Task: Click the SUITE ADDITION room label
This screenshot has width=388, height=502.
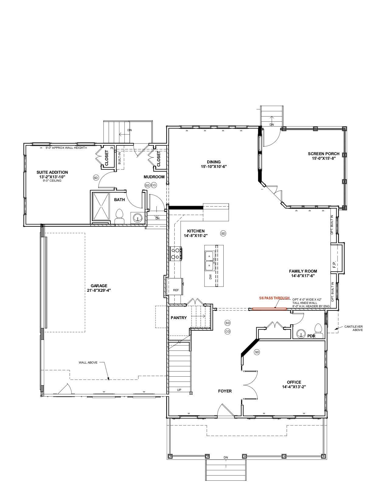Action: pyautogui.click(x=52, y=172)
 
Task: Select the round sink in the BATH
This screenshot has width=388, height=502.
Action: pyautogui.click(x=138, y=218)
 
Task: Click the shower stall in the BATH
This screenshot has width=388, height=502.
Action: pyautogui.click(x=101, y=206)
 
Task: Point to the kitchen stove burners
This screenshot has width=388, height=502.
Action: pyautogui.click(x=176, y=253)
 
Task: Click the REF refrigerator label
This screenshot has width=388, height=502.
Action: pyautogui.click(x=176, y=290)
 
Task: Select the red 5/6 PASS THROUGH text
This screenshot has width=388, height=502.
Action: pyautogui.click(x=274, y=298)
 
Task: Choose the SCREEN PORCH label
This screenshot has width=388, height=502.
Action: pyautogui.click(x=323, y=154)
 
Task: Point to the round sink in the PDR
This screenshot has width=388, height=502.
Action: pyautogui.click(x=301, y=334)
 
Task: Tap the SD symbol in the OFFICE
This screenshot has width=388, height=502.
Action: pyautogui.click(x=257, y=352)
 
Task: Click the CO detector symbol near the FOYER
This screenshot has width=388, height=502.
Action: pyautogui.click(x=228, y=332)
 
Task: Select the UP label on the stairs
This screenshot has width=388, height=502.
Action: pyautogui.click(x=179, y=390)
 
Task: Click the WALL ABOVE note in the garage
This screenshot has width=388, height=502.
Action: pyautogui.click(x=88, y=362)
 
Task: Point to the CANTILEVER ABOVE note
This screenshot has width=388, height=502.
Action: pyautogui.click(x=354, y=328)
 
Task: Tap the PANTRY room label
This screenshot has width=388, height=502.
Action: pyautogui.click(x=179, y=318)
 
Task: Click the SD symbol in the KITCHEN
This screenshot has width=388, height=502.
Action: pyautogui.click(x=223, y=234)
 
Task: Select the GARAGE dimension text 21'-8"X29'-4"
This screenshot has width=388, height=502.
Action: pyautogui.click(x=99, y=290)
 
